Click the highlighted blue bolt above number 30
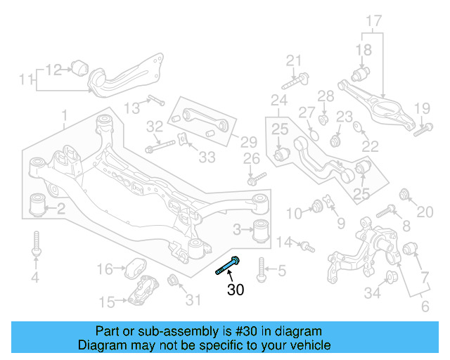click(x=229, y=266)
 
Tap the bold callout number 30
click(x=236, y=288)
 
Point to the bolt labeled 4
click(x=35, y=246)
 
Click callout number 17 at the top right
click(x=373, y=21)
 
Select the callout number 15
click(x=106, y=303)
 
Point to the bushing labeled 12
click(x=79, y=67)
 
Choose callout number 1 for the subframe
click(x=64, y=114)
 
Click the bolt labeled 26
click(x=256, y=177)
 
